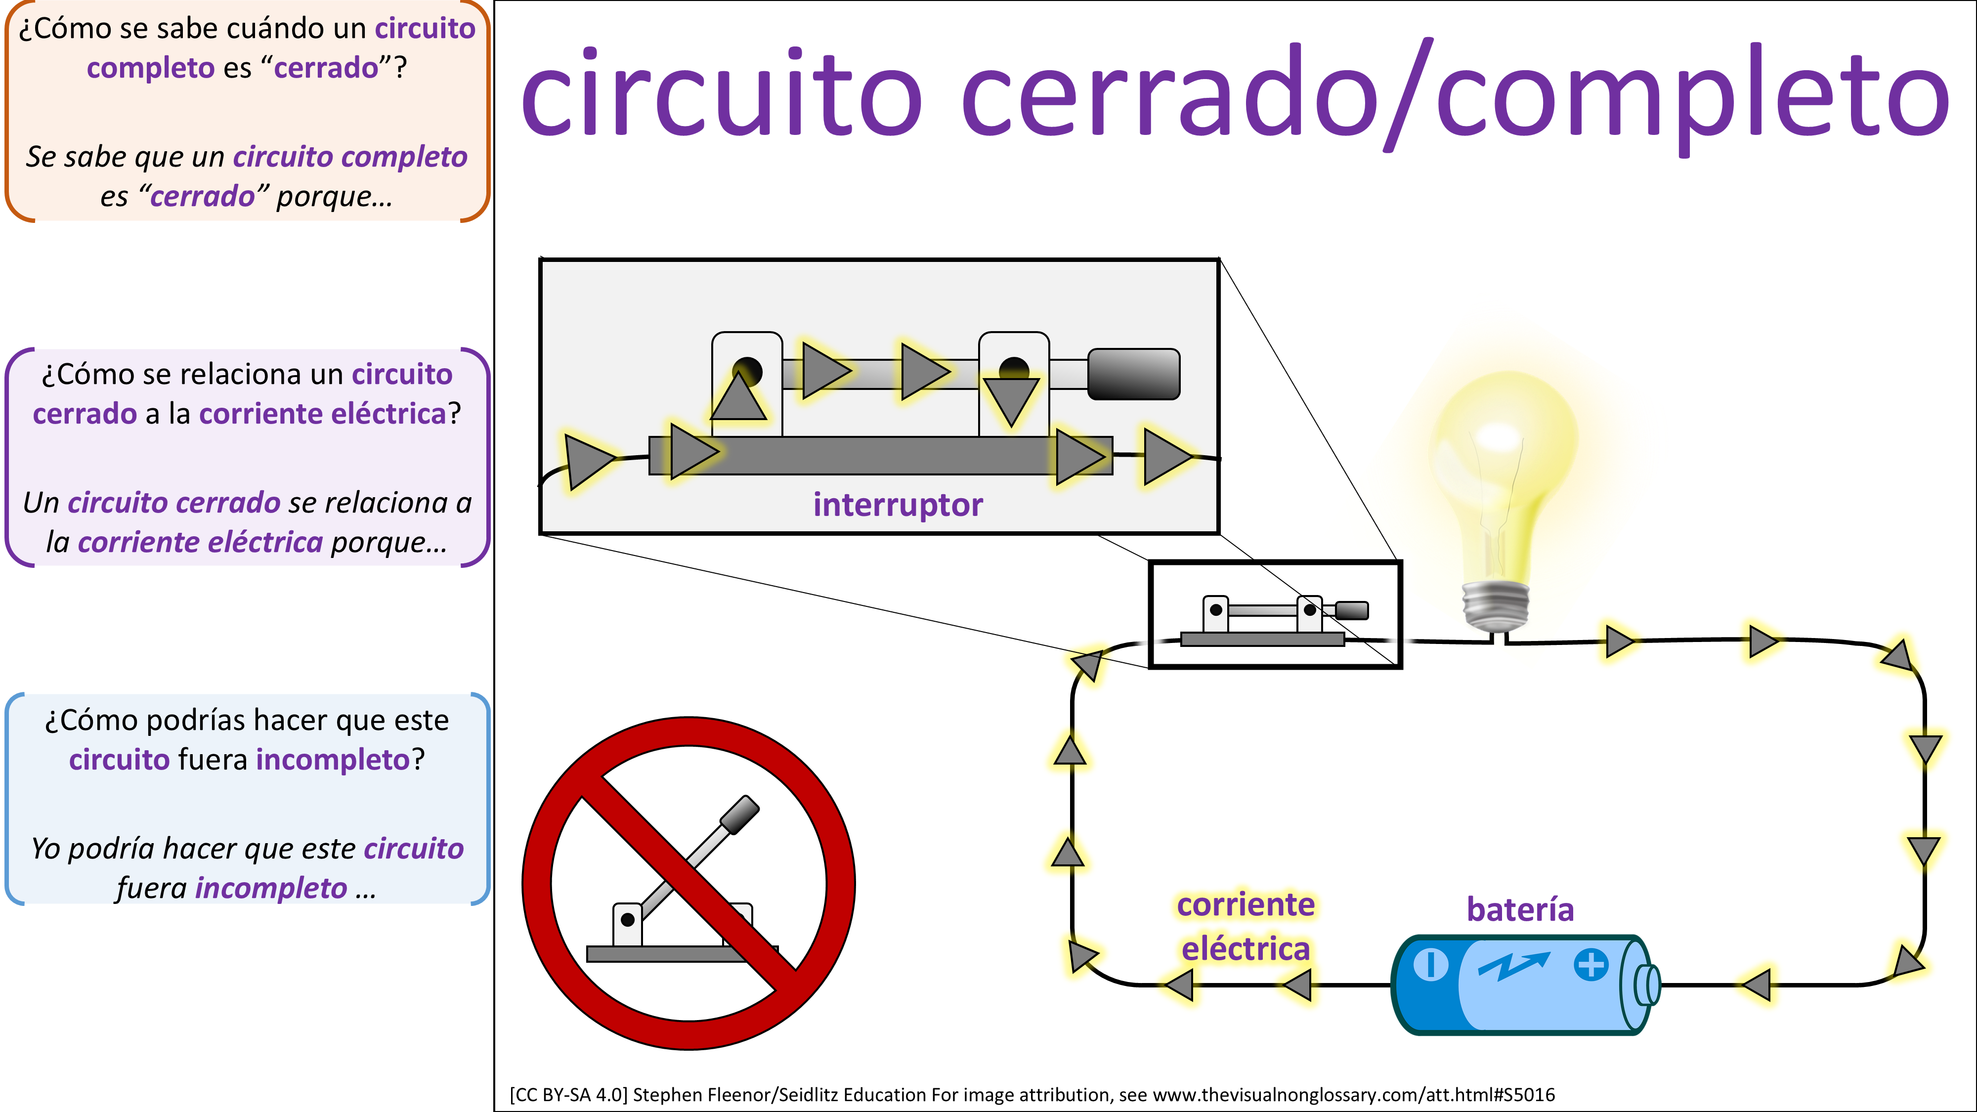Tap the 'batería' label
pos(1520,909)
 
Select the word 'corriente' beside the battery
pos(1245,905)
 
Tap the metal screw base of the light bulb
pos(1495,606)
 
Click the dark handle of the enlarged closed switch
pos(1133,375)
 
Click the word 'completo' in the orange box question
pos(150,68)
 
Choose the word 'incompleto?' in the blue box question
pos(340,760)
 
